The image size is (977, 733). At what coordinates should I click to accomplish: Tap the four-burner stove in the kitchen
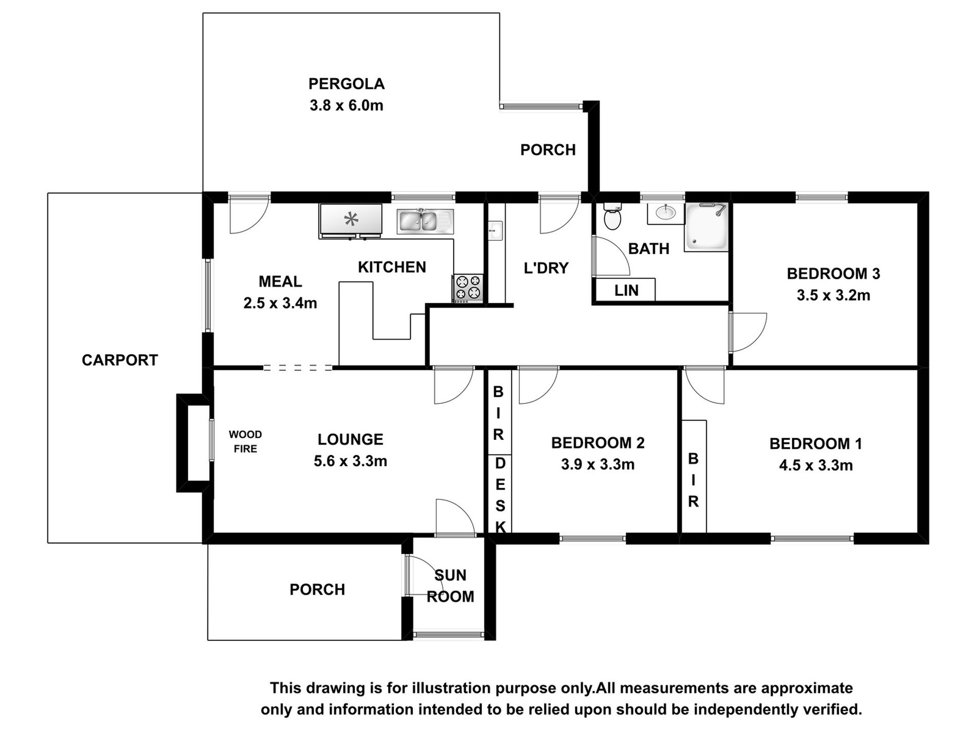[x=468, y=288]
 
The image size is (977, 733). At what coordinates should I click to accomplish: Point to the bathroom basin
[x=666, y=212]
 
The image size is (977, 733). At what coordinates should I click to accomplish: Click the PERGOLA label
[x=347, y=84]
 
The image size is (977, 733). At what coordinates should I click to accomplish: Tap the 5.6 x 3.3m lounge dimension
[x=350, y=461]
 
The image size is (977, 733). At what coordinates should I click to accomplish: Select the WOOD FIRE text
[x=245, y=442]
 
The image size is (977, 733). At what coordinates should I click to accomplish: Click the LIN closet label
[x=626, y=291]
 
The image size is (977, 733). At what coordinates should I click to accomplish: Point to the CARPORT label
[x=120, y=360]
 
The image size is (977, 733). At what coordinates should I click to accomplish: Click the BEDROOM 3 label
[x=833, y=274]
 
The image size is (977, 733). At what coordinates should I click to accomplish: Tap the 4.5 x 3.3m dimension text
[x=816, y=466]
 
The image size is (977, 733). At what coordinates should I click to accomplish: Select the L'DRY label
[x=546, y=268]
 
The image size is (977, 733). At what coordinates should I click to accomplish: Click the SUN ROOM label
[x=450, y=586]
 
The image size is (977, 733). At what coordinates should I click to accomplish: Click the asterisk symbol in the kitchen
[x=351, y=220]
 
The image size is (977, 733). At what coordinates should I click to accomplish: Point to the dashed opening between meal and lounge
[x=297, y=368]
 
